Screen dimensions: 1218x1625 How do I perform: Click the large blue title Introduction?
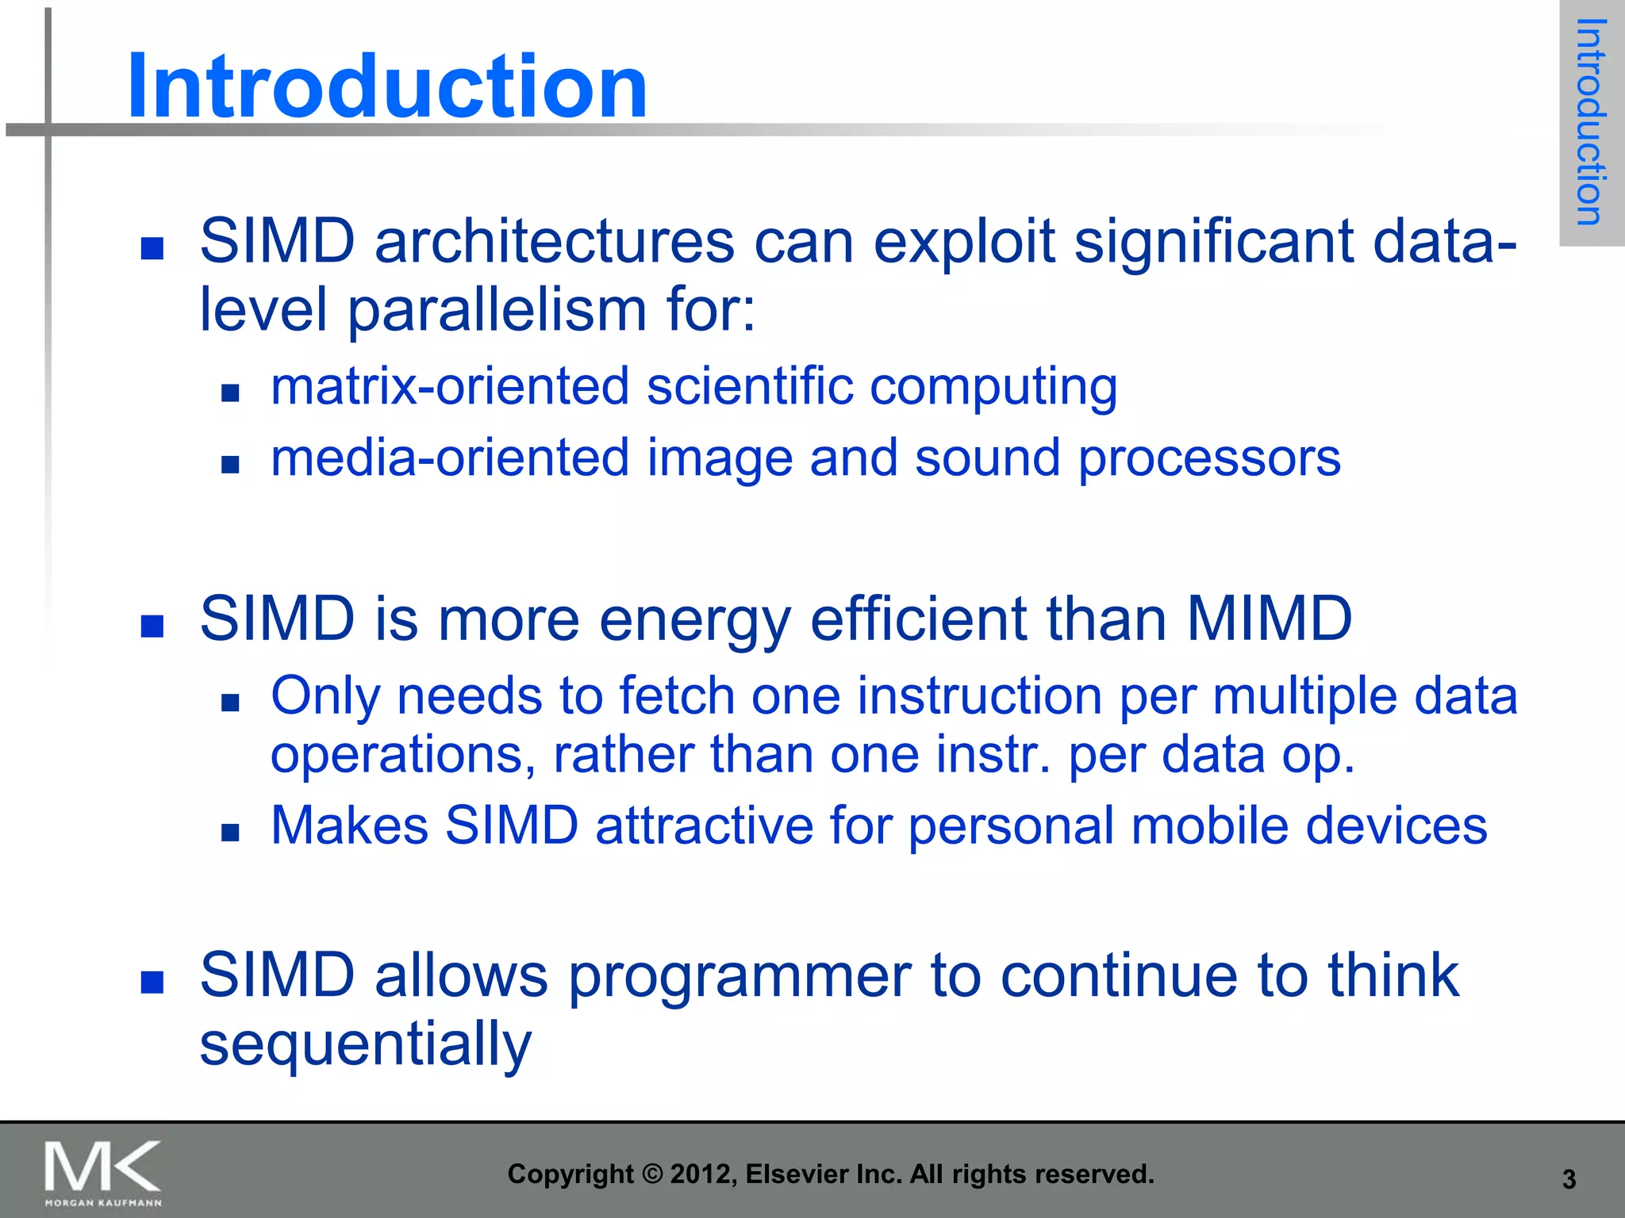pyautogui.click(x=387, y=86)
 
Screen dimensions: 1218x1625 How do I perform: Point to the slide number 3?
pyautogui.click(x=1569, y=1179)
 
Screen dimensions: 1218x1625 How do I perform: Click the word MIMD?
pyautogui.click(x=1269, y=619)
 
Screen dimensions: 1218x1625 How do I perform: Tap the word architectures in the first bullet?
pyautogui.click(x=554, y=241)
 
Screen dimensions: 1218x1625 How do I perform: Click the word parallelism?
pyautogui.click(x=497, y=309)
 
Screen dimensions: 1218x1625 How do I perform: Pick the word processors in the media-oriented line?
pyautogui.click(x=1208, y=458)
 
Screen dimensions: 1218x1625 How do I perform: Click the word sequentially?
pyautogui.click(x=365, y=1044)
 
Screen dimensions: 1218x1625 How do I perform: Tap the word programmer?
pyautogui.click(x=740, y=975)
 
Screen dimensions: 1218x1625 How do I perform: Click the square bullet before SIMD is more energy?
pyautogui.click(x=152, y=626)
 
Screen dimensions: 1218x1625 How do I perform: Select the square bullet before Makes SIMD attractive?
pyautogui.click(x=230, y=832)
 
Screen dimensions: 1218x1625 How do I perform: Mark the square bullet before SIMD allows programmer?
pyautogui.click(x=152, y=982)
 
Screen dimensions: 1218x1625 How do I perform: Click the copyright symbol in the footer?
pyautogui.click(x=651, y=1174)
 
